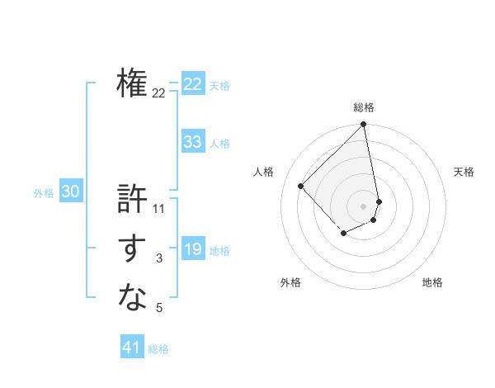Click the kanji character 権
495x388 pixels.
pos(132,83)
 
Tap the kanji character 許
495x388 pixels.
pos(132,199)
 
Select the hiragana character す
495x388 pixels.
pos(132,249)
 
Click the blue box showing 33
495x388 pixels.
pos(193,142)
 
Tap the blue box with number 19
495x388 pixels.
pos(193,249)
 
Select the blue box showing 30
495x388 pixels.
pos(71,192)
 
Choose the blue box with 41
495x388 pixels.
pos(132,348)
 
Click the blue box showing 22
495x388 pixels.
pos(193,84)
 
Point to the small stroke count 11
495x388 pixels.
pos(159,209)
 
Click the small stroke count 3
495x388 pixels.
pos(159,259)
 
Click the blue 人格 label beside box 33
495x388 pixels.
pos(219,144)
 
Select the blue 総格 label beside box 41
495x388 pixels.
pos(158,349)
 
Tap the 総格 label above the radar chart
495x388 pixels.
pos(364,107)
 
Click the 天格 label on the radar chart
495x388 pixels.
pos(464,172)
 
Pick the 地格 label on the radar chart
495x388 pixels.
pos(432,282)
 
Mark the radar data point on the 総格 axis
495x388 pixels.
pos(364,125)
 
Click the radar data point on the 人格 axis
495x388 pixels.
pos(301,186)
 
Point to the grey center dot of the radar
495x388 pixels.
pos(364,206)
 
